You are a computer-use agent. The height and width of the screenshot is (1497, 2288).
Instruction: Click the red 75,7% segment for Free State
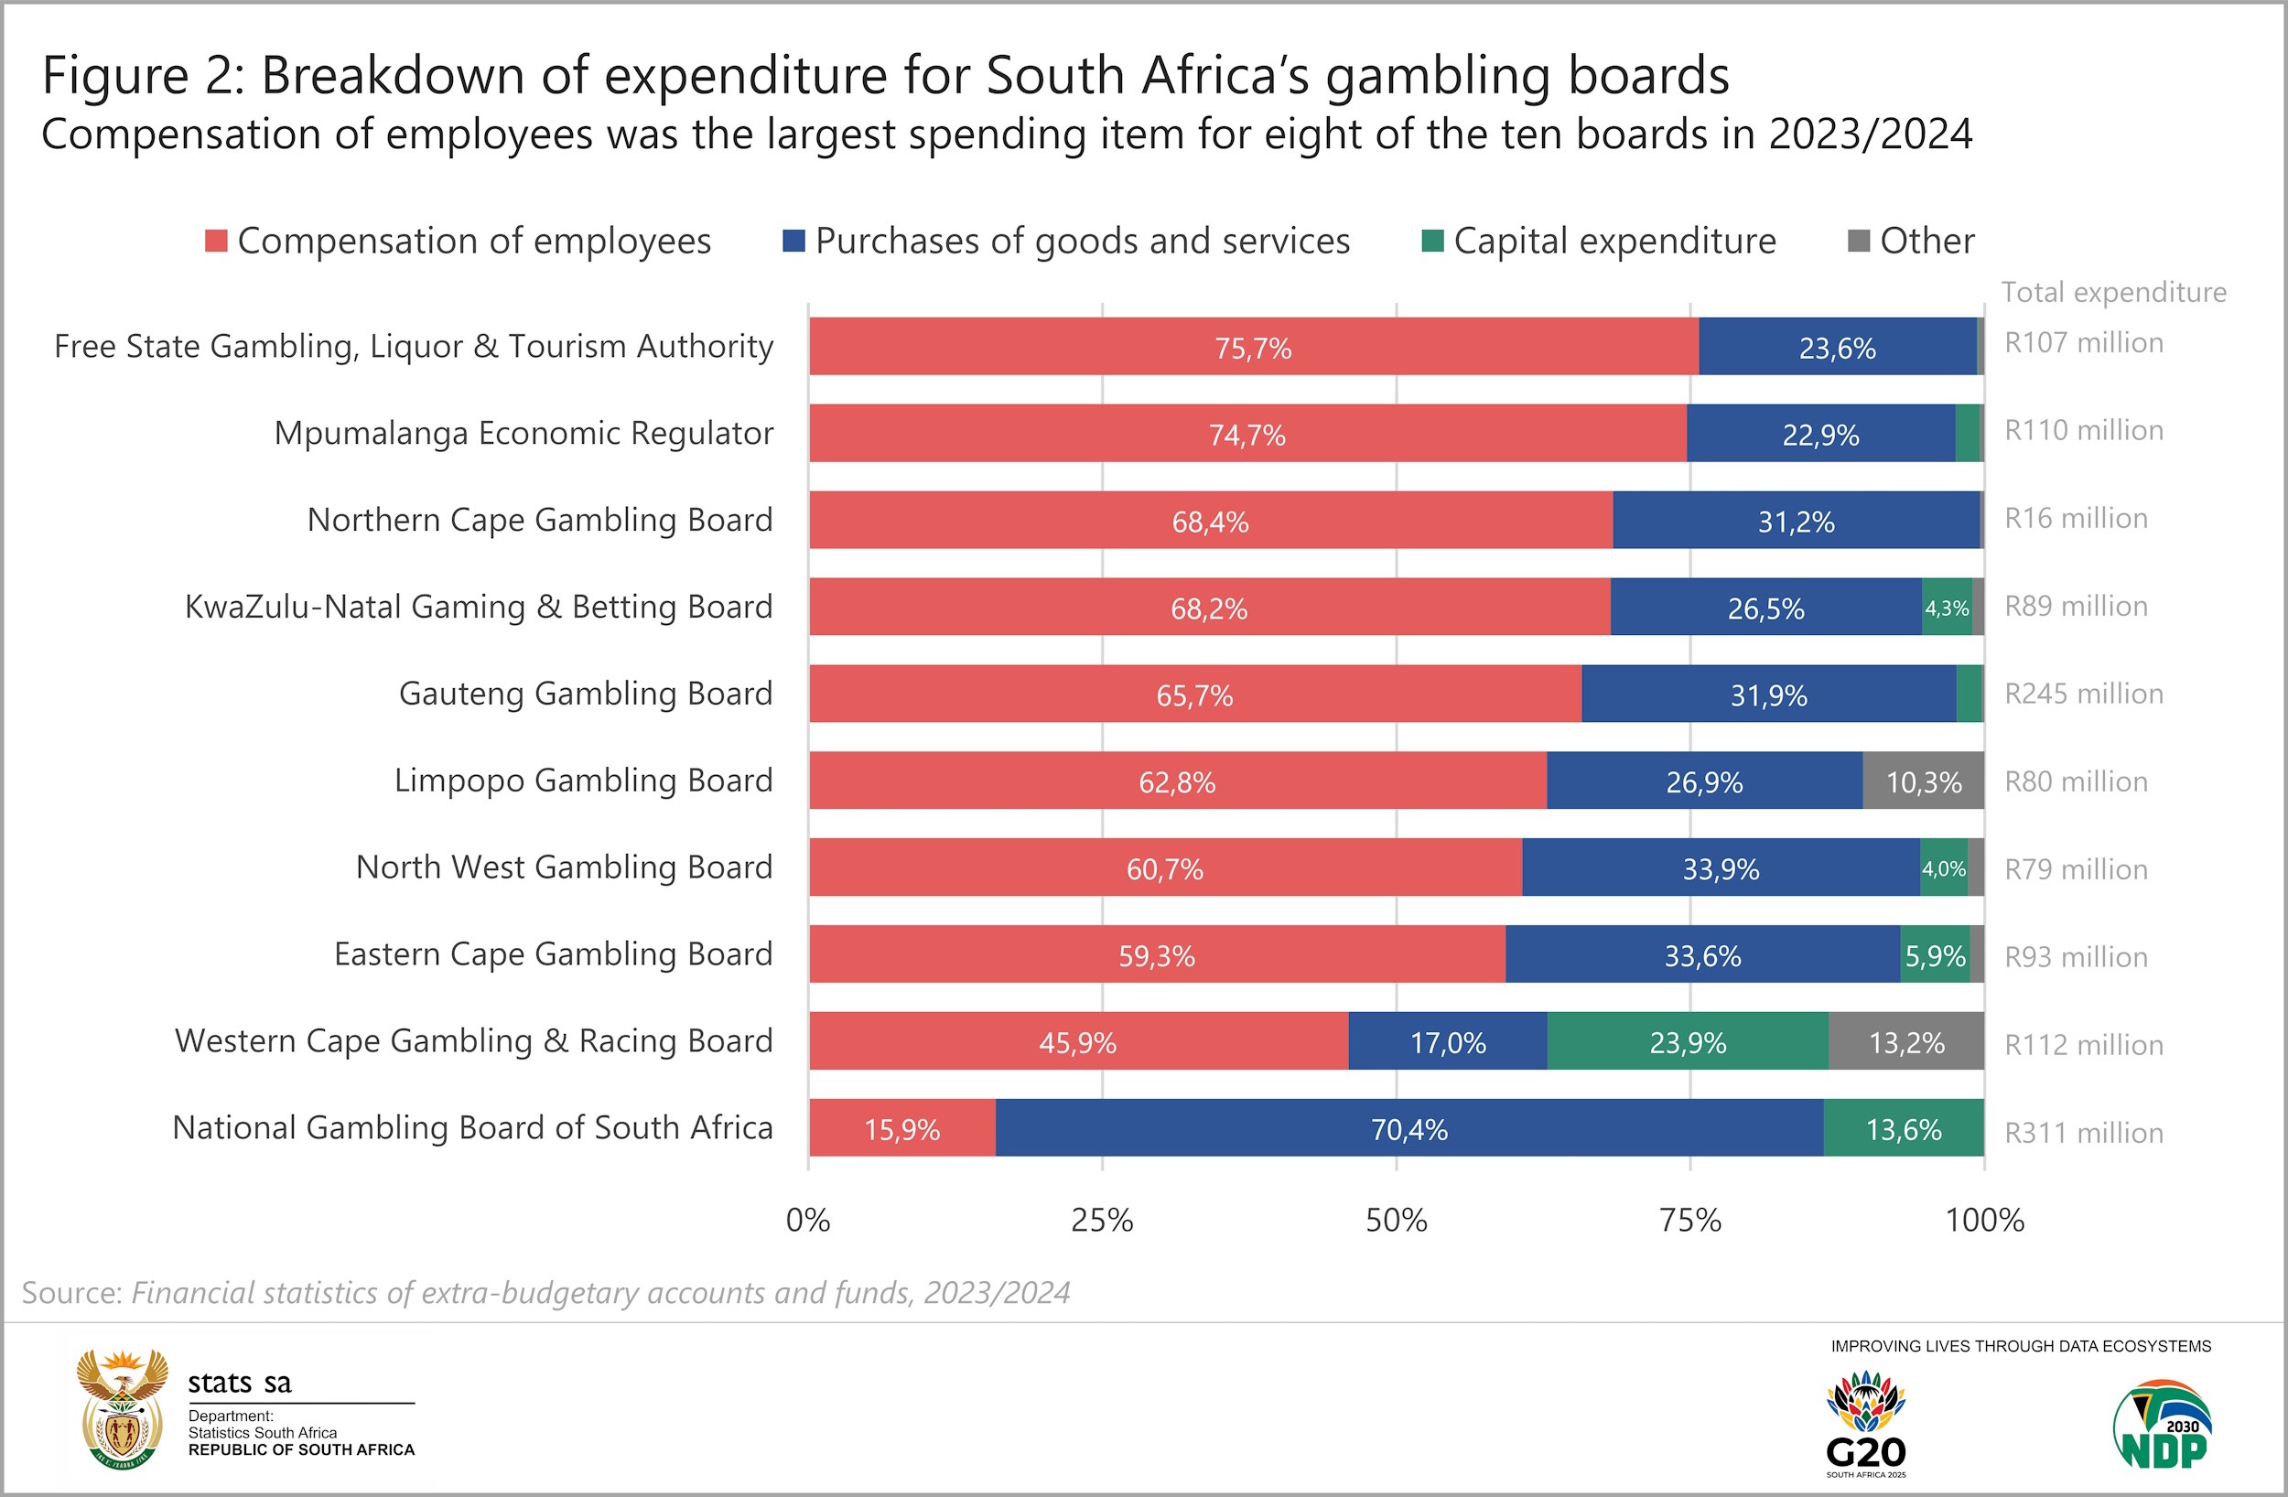[1253, 346]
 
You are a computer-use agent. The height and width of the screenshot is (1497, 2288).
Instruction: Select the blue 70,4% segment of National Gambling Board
[1408, 1128]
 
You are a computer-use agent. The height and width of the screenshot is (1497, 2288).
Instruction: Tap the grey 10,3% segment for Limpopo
[1923, 781]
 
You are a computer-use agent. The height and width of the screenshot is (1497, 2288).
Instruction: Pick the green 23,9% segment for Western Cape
[1687, 1041]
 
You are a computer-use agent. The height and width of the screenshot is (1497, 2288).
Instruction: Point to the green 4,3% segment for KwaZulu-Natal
[1946, 607]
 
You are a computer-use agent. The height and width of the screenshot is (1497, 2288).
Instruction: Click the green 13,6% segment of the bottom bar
[1903, 1128]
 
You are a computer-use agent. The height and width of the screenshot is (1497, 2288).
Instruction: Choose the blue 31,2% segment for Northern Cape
[1796, 520]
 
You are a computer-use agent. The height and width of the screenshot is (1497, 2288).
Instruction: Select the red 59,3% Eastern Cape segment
[1157, 954]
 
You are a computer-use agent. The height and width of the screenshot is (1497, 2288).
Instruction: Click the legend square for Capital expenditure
[1432, 241]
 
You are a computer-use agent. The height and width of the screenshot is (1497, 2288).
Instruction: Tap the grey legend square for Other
[1858, 241]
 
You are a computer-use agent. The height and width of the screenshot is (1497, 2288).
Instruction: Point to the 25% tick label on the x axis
[1102, 1220]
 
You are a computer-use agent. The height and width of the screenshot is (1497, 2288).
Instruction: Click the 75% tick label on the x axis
[1690, 1220]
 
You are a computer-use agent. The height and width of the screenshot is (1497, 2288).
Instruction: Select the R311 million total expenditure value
[2083, 1133]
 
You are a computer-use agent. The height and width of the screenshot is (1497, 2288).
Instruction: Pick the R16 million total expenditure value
[2076, 518]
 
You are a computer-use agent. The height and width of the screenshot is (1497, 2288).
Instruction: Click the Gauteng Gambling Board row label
[586, 694]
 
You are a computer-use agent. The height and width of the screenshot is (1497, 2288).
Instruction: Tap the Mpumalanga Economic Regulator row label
[523, 433]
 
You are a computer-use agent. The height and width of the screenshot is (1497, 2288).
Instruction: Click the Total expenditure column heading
[2113, 292]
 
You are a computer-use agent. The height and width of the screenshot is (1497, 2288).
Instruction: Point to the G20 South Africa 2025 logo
[1865, 1424]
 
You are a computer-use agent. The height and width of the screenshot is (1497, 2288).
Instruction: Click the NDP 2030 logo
[2163, 1424]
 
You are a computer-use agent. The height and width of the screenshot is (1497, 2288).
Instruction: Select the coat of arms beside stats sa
[122, 1408]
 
